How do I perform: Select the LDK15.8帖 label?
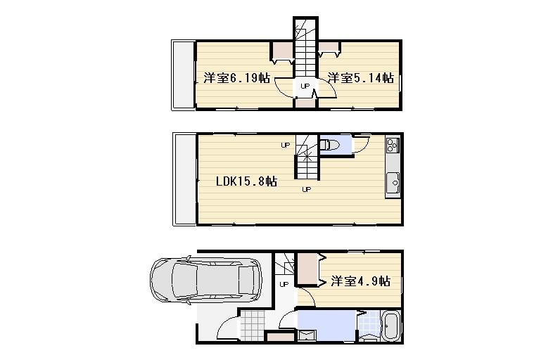click(x=246, y=181)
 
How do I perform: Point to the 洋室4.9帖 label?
click(x=360, y=282)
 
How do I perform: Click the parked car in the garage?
click(x=205, y=281)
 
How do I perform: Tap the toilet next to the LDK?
click(x=330, y=146)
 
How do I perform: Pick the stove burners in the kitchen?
click(x=392, y=146)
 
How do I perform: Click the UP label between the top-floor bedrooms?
click(x=305, y=86)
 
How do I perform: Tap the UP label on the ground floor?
click(x=284, y=284)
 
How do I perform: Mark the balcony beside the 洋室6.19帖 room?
click(x=182, y=75)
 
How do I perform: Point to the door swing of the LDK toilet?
click(x=360, y=143)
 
